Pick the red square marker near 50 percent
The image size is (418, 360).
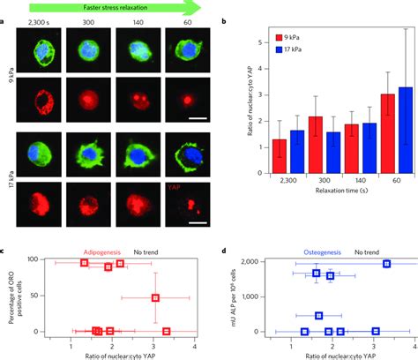click(x=156, y=298)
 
